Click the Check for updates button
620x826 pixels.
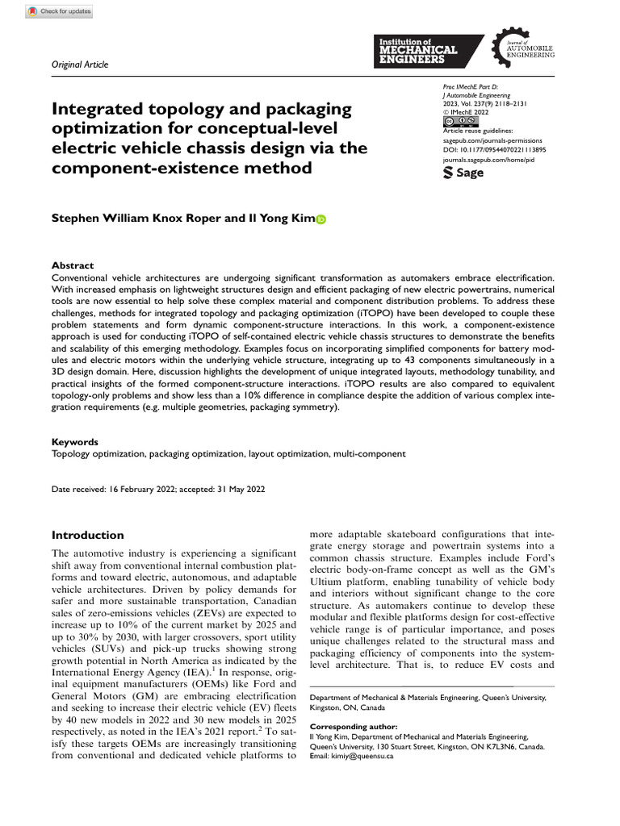(60, 11)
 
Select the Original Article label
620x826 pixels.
(80, 65)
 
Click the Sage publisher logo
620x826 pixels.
(465, 172)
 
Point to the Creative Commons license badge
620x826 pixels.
(461, 121)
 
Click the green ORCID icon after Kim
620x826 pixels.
(320, 219)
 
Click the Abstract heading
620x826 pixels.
(73, 265)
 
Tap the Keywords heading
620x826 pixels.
(75, 442)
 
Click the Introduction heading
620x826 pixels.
(88, 535)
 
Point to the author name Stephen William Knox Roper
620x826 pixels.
(140, 218)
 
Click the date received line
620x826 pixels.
(157, 489)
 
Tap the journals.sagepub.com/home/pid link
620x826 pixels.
(489, 160)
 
